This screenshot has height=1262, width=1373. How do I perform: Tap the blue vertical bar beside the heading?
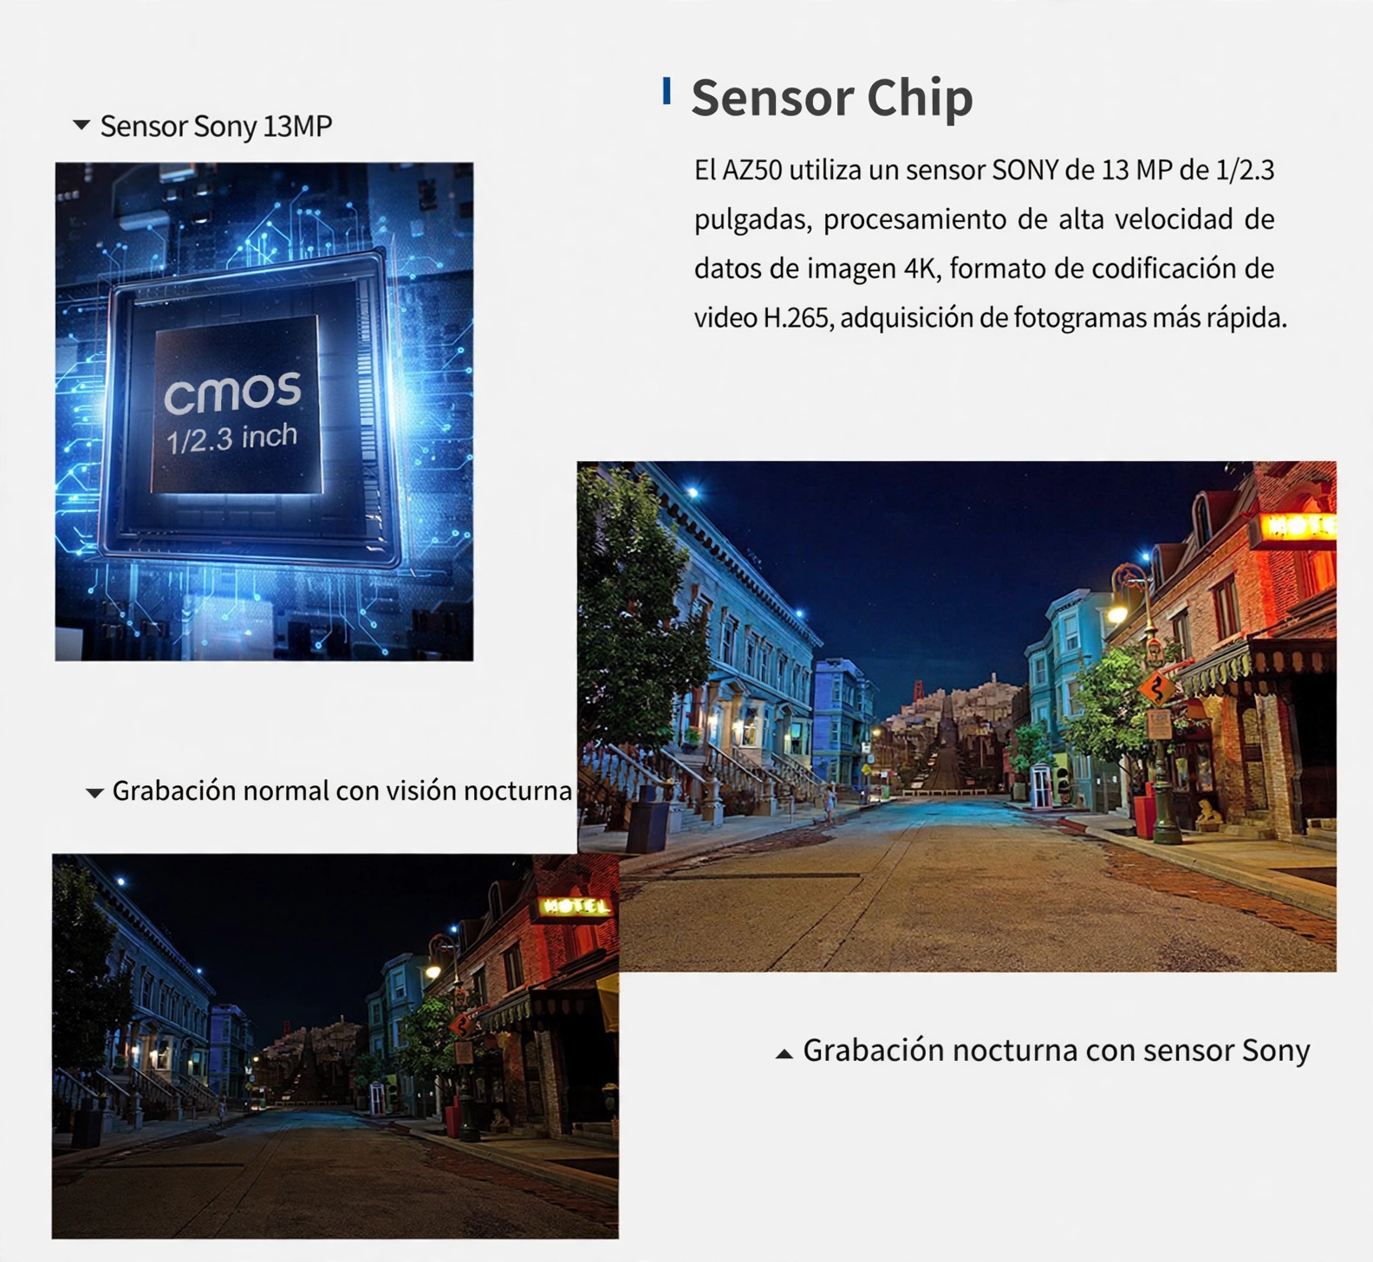(667, 91)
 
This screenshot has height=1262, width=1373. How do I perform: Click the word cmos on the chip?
(232, 393)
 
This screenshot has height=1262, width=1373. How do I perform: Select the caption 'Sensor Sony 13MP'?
(216, 127)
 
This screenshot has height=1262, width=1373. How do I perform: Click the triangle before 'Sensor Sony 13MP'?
(81, 125)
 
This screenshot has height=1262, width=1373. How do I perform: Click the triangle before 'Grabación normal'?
(94, 792)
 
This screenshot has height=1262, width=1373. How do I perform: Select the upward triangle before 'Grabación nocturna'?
(784, 1053)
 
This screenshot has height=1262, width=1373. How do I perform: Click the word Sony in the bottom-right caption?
(1276, 1051)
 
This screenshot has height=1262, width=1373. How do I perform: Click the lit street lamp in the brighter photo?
(1118, 613)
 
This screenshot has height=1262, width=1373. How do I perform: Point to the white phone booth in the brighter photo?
(1039, 785)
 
